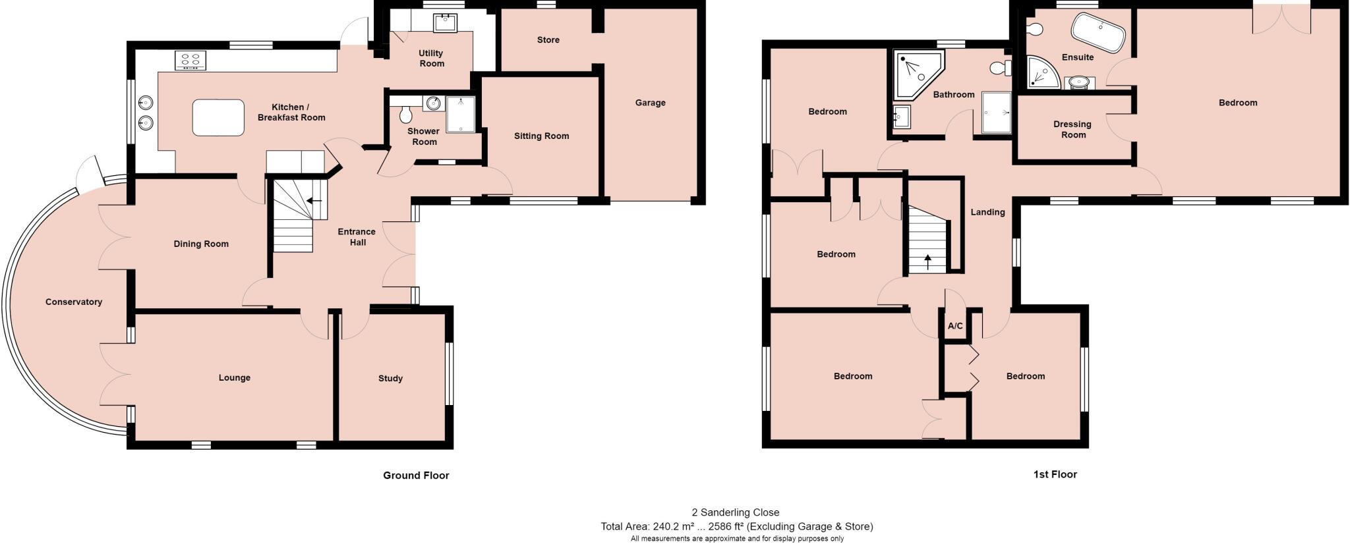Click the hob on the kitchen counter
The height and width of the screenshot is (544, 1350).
191,61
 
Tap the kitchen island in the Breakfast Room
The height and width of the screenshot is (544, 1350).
218,117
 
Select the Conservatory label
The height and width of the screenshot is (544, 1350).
74,302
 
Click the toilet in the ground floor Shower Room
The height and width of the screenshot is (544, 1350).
405,115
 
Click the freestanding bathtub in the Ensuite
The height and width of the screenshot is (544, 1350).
1098,32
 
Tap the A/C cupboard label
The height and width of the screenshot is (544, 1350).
955,326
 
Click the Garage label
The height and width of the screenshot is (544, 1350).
650,103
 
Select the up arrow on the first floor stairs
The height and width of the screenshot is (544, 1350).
928,261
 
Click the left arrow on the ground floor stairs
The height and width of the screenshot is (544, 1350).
314,200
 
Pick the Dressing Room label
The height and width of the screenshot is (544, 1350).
1072,129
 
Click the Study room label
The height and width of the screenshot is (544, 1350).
390,378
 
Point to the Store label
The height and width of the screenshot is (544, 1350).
548,40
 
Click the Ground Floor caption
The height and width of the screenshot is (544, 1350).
416,475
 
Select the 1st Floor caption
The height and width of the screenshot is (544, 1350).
1055,474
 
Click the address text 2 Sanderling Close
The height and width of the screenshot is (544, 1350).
735,512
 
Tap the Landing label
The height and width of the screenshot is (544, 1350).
987,212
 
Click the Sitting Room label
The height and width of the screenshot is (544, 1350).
541,136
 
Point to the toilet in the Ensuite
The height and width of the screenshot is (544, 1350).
1034,29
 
